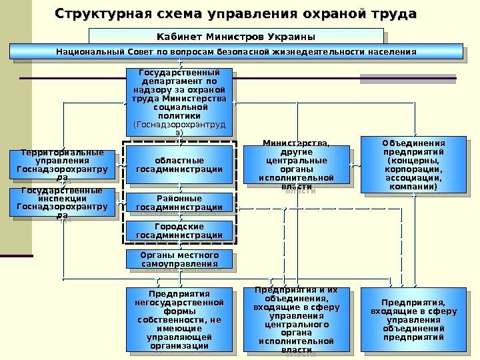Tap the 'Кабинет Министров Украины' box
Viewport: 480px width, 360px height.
pos(235,36)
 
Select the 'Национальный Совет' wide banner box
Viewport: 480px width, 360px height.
pos(235,51)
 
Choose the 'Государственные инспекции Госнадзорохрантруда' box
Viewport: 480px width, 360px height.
pos(61,203)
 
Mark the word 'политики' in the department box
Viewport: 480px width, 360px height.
pos(179,116)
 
